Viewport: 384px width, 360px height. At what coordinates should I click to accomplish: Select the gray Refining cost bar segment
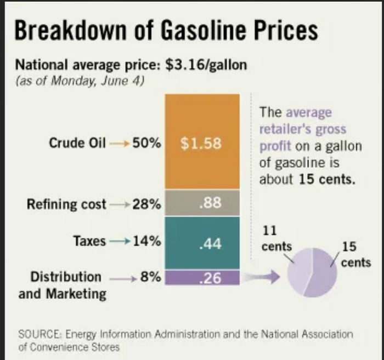click(x=203, y=204)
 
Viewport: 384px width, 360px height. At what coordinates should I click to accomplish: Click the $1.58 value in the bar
click(x=201, y=144)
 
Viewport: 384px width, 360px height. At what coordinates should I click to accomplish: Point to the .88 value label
click(x=210, y=204)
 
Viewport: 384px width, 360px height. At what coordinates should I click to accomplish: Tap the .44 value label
click(x=210, y=244)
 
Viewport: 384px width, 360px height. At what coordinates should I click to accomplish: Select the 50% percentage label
click(x=147, y=144)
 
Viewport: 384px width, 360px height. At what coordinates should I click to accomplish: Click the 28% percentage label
click(x=147, y=204)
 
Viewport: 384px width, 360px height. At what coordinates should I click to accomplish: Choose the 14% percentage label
click(x=147, y=241)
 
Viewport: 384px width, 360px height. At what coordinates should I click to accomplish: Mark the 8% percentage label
click(x=150, y=277)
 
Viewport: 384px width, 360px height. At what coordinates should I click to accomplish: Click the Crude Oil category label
click(x=77, y=144)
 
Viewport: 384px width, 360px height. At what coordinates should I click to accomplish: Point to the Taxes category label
click(x=89, y=241)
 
